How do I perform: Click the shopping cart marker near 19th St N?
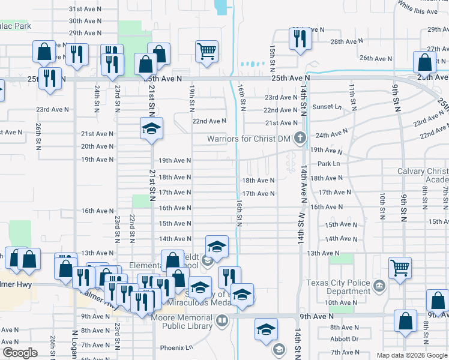tap(206, 52)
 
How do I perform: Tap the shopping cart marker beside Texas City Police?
tap(400, 269)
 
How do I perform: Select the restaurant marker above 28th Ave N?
tap(298, 38)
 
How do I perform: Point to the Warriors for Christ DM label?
tap(249, 139)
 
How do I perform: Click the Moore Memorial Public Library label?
tap(186, 321)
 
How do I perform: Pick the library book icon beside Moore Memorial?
tap(222, 320)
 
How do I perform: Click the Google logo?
tap(20, 353)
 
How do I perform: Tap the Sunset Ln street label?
tap(329, 106)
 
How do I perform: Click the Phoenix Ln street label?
tap(176, 347)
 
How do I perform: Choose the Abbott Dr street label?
tap(344, 338)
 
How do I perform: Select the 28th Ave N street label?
tap(345, 41)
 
